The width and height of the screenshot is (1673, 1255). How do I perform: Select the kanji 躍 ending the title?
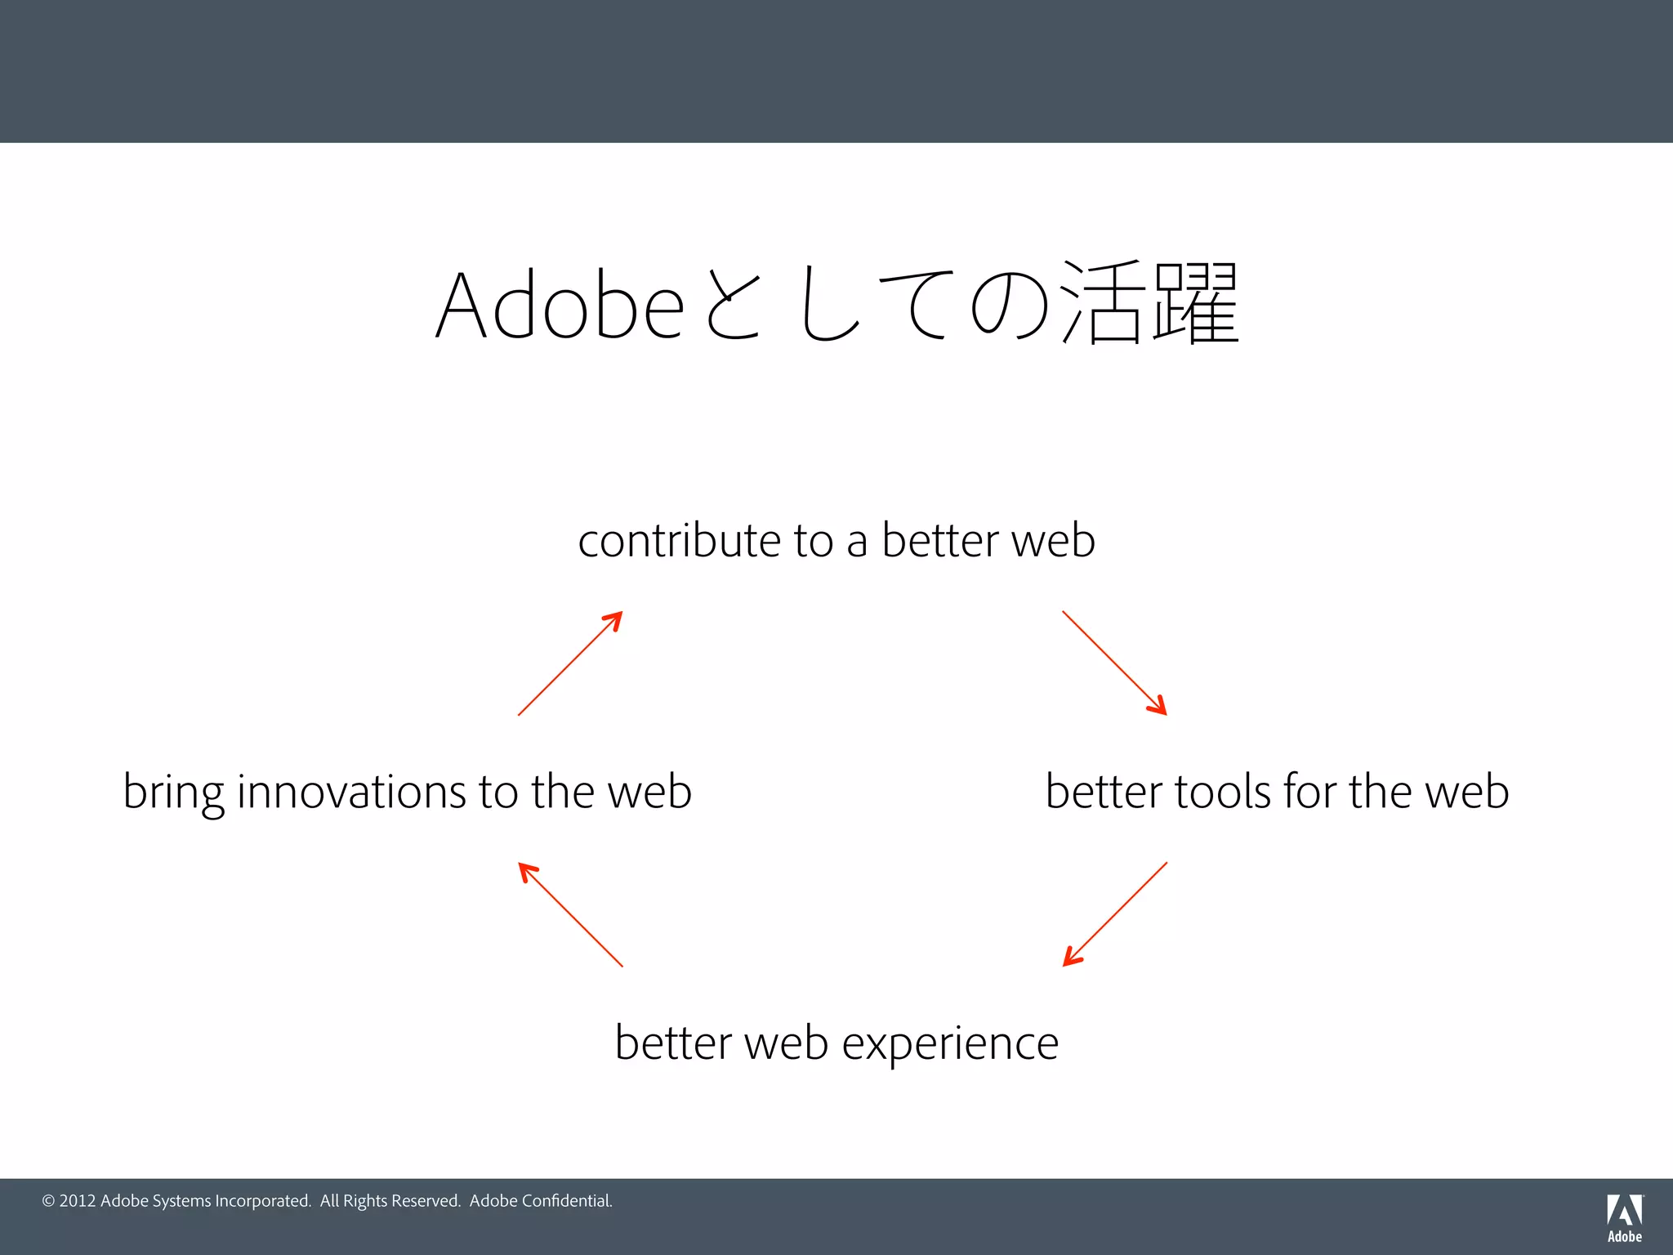1197,302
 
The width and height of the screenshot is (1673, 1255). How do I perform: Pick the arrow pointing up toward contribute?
570,663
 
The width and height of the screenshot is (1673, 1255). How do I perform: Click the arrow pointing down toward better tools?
1114,663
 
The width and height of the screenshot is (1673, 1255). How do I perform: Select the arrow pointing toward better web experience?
1114,914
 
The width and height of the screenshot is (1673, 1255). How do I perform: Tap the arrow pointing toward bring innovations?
570,914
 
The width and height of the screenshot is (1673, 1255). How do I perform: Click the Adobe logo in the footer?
1624,1217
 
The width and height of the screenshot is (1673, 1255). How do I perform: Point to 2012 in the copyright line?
78,1201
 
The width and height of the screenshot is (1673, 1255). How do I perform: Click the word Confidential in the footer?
566,1201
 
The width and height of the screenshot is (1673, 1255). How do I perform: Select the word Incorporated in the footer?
262,1201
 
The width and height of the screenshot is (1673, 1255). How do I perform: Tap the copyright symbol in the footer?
48,1201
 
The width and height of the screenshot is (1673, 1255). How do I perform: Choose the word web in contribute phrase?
1053,541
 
